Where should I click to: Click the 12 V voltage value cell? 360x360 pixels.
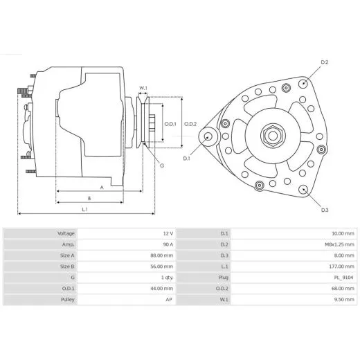[x=167, y=233]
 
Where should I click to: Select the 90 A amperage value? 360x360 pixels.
[x=167, y=244]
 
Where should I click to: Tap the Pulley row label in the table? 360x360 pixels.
[x=66, y=300]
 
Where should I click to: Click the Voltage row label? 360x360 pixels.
[x=66, y=233]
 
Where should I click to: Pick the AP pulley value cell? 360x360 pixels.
[x=169, y=300]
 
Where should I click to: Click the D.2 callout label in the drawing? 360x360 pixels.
[x=325, y=63]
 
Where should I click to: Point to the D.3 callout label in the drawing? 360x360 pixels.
[x=325, y=210]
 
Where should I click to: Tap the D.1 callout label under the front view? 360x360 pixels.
[x=186, y=159]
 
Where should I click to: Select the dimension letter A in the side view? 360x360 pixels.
[x=101, y=187]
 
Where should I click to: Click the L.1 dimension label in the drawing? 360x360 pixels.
[x=84, y=209]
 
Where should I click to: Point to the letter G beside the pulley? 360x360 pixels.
[x=161, y=165]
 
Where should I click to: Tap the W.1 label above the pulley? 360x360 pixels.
[x=143, y=87]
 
